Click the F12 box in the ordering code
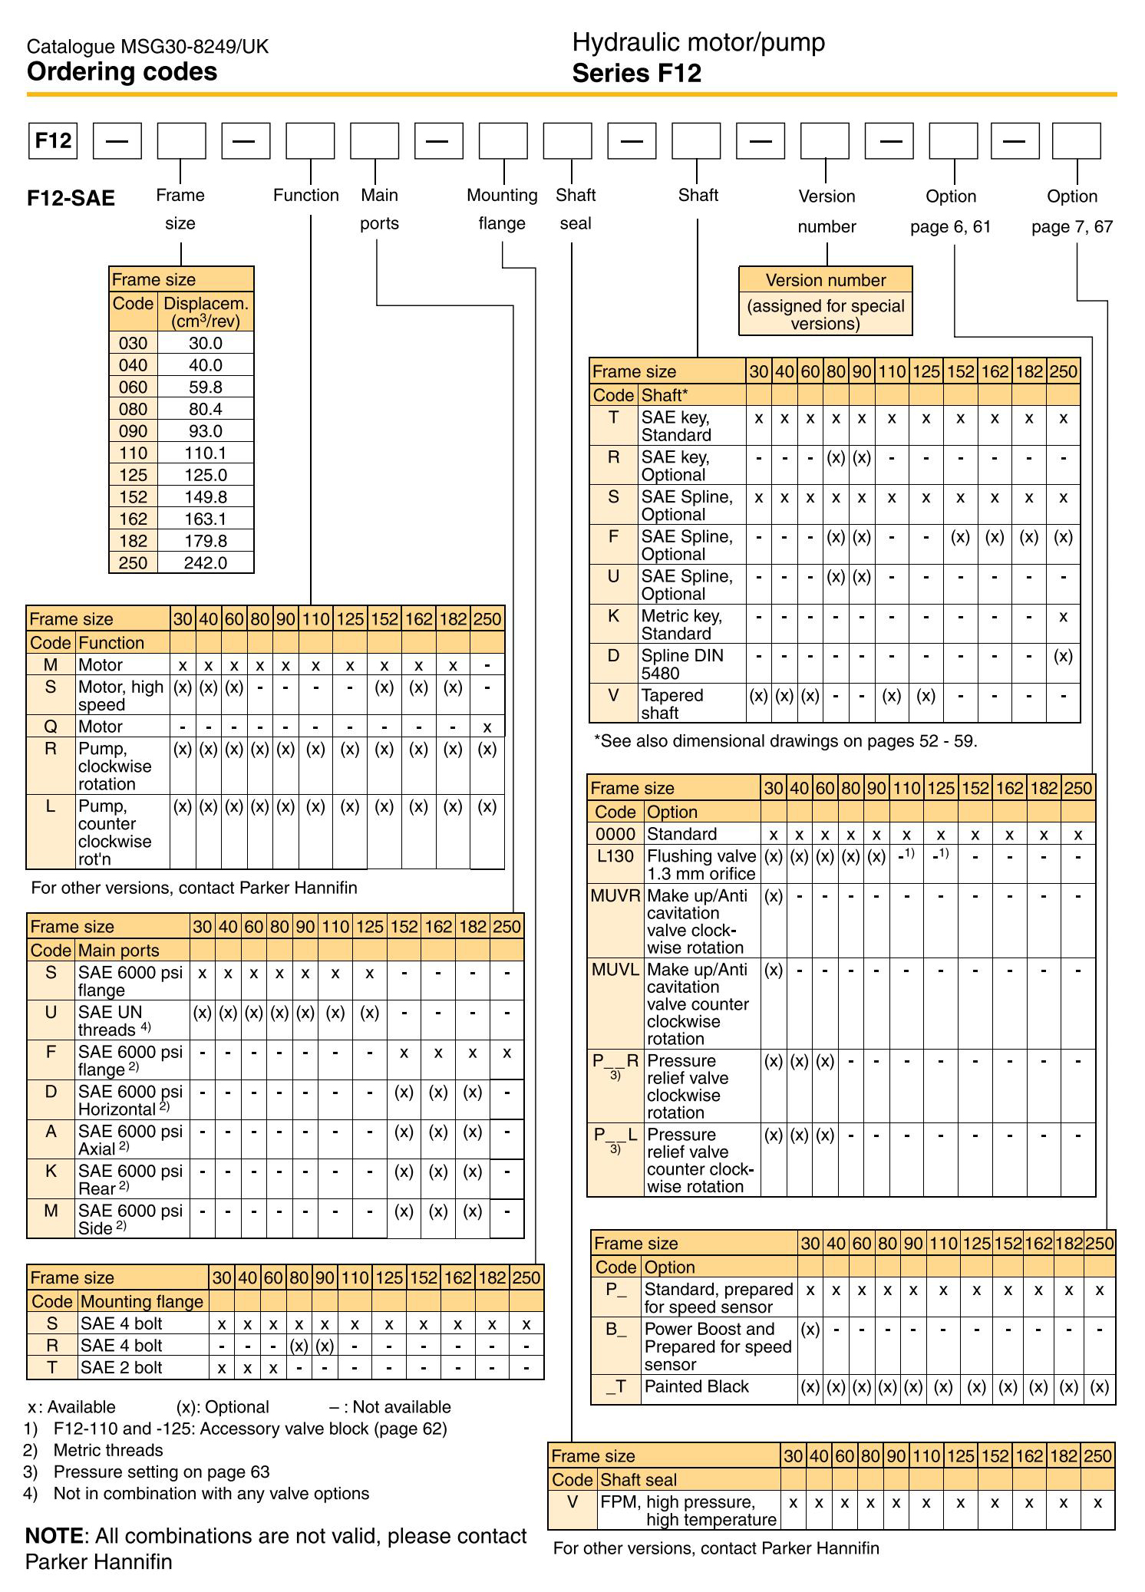click(x=53, y=141)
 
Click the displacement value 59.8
click(x=206, y=387)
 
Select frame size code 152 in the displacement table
click(x=133, y=497)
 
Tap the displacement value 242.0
click(x=206, y=563)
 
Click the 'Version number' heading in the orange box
click(x=826, y=280)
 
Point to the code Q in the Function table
click(x=51, y=727)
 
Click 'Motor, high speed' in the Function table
click(x=120, y=696)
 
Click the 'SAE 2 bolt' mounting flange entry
click(x=121, y=1368)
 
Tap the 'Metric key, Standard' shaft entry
click(x=681, y=625)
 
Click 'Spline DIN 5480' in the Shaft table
click(x=681, y=664)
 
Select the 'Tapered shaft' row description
click(x=671, y=704)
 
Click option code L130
click(x=615, y=856)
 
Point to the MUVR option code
click(x=615, y=896)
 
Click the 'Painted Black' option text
click(x=696, y=1387)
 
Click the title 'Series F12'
click(x=636, y=74)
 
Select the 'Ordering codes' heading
click(x=122, y=72)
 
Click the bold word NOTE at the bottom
click(x=54, y=1537)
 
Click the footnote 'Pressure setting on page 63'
click(x=161, y=1472)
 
